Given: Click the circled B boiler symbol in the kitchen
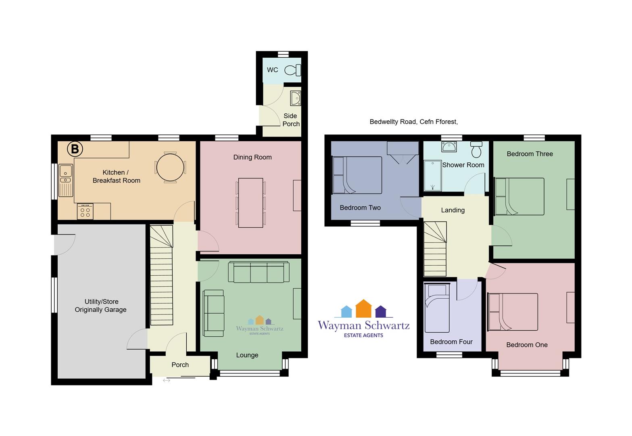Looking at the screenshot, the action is [75, 149].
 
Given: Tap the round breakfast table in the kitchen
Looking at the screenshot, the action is [170, 168].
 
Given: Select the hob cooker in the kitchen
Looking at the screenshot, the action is [85, 211].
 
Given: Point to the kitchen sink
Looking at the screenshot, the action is [66, 180].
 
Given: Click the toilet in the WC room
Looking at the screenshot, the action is [293, 70].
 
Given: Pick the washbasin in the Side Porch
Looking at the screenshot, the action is [295, 98].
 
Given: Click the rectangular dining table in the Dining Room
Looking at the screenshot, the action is [250, 203].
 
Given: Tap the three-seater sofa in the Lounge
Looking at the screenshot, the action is [259, 272].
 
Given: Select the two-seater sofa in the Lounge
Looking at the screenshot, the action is [214, 313].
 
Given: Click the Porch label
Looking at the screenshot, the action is [180, 365].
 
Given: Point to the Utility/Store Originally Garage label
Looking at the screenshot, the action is [101, 306].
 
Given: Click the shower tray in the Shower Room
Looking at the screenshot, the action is [432, 176].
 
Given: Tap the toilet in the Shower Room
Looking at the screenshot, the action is [476, 149].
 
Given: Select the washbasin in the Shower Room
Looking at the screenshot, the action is [449, 147].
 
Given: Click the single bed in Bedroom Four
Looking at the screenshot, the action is [437, 308].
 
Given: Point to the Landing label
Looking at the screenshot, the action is [453, 210].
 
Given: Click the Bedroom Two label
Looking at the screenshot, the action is [360, 208].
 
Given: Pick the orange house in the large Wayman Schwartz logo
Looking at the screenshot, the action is [363, 308].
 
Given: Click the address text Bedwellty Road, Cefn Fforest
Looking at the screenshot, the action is [414, 122].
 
